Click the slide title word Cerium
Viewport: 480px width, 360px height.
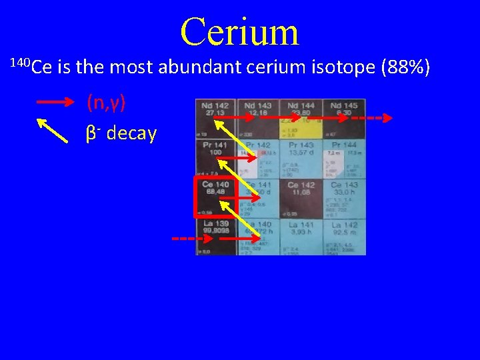click(239, 31)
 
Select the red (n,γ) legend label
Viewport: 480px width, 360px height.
click(106, 103)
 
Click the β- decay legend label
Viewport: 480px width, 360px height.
click(121, 133)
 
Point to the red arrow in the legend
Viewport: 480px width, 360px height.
click(54, 103)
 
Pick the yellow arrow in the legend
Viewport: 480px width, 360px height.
click(52, 131)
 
